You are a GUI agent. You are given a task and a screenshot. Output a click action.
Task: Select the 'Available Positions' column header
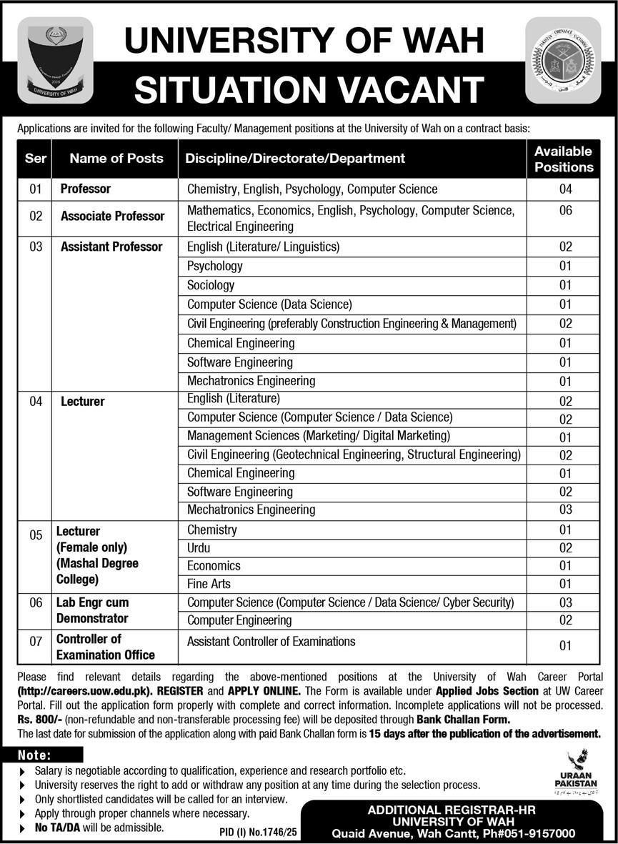point(563,159)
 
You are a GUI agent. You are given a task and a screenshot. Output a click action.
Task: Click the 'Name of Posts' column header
point(116,159)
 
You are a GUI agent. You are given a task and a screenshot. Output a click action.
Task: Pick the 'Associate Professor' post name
point(113,216)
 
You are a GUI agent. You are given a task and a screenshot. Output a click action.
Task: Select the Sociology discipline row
point(211,285)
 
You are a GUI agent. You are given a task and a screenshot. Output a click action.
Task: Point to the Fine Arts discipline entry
point(209,584)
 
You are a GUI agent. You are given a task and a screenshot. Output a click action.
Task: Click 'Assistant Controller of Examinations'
point(271,641)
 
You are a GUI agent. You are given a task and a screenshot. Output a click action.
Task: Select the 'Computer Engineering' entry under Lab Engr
point(239,620)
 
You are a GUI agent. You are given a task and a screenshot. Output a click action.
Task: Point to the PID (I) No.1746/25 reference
point(254,833)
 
